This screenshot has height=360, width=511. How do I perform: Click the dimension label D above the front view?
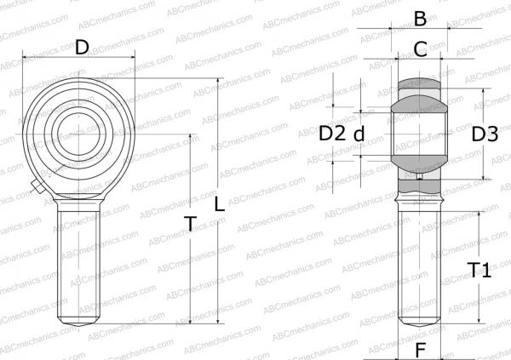pyautogui.click(x=82, y=47)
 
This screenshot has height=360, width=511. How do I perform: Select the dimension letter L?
pyautogui.click(x=220, y=204)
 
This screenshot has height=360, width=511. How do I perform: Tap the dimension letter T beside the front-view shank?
pyautogui.click(x=191, y=224)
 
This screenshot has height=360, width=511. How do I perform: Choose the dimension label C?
pyautogui.click(x=419, y=49)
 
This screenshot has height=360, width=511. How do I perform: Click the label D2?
pyautogui.click(x=331, y=133)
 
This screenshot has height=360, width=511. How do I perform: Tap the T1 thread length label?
pyautogui.click(x=479, y=271)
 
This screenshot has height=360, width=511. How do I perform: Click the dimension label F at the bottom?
pyautogui.click(x=419, y=349)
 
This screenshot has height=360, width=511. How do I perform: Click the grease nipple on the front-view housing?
pyautogui.click(x=35, y=186)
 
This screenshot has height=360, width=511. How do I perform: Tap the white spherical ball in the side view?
pyautogui.click(x=419, y=132)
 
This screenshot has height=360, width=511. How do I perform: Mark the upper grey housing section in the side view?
pyautogui.click(x=419, y=86)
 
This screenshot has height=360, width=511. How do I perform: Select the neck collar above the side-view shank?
pyautogui.click(x=419, y=197)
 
